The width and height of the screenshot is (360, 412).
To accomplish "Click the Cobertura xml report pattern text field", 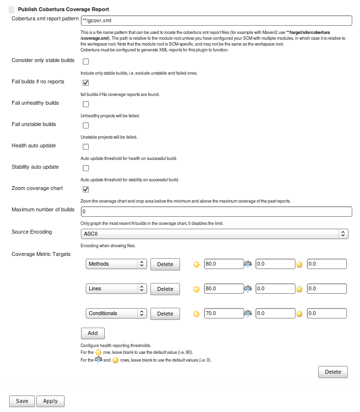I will pos(216,20).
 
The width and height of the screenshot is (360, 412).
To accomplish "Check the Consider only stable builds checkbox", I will pos(86,62).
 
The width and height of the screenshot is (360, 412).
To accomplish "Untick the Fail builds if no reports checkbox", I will pos(86,83).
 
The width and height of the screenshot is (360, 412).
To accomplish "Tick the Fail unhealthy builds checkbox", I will pos(86,104).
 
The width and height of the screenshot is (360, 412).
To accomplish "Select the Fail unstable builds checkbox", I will pos(86,126).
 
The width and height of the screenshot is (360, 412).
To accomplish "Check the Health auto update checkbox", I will pos(86,147).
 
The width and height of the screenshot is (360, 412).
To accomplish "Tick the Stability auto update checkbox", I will pos(86,168).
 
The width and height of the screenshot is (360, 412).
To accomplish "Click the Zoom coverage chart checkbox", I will pos(86,190).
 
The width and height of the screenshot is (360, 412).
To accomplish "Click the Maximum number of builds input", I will pos(216,212).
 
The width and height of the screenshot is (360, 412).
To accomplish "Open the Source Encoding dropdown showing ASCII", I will pos(214,234).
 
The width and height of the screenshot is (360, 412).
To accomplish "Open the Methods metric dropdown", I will pos(116,264).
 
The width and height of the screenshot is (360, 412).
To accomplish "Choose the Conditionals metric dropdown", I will pos(116,314).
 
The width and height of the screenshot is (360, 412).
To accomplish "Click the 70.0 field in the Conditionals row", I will pos(224,314).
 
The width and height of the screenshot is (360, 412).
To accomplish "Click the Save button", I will pos(22,401).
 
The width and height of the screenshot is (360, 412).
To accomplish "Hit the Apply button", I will pos(50,401).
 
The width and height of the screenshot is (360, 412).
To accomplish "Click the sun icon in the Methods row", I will pos(196,265).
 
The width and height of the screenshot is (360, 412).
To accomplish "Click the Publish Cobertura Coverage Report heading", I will pos(63,9).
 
